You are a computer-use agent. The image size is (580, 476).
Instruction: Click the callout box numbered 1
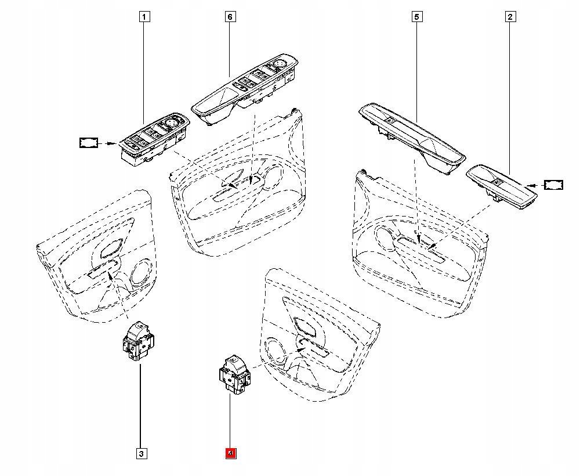144,17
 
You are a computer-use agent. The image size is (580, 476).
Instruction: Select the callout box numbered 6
230,17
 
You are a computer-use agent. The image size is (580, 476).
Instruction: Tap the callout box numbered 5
416,17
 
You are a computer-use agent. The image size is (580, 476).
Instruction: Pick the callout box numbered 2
510,17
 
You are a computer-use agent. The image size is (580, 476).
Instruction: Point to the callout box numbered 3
140,453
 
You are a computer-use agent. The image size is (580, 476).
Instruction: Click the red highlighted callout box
230,453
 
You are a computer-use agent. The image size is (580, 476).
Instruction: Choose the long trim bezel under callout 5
412,136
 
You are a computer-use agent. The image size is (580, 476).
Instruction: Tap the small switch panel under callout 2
502,185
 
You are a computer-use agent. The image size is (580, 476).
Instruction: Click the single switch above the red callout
234,374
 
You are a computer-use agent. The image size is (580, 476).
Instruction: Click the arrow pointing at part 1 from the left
108,142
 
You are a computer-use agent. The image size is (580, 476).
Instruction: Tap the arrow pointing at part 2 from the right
536,185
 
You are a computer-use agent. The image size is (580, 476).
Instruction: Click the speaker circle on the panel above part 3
140,273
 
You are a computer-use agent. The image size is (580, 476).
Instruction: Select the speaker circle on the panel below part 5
384,236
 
